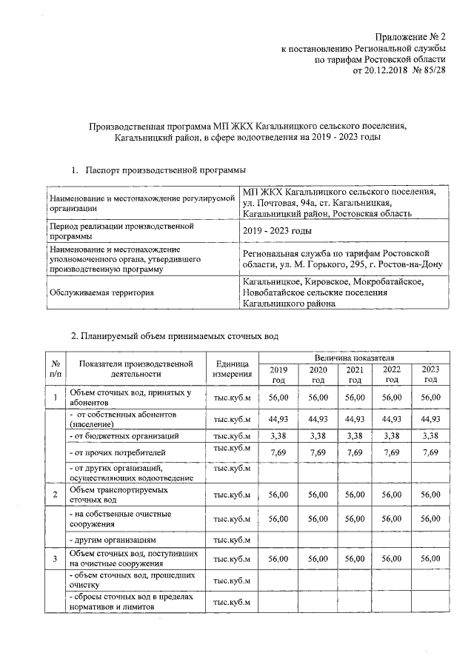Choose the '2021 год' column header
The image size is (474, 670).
[x=355, y=375]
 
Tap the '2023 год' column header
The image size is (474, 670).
[x=430, y=375]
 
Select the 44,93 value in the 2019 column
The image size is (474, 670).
[x=278, y=420]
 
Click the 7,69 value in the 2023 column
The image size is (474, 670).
[x=430, y=452]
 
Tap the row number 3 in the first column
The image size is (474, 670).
[x=55, y=559]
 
